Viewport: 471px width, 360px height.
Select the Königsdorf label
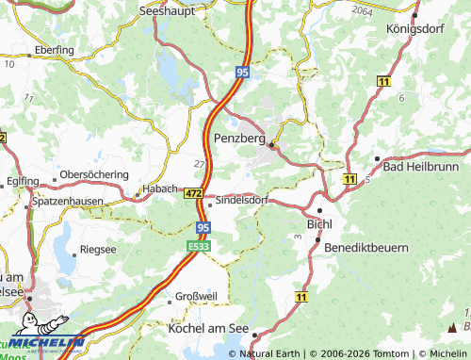415,29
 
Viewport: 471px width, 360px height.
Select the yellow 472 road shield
194,192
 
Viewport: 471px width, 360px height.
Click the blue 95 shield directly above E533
203,227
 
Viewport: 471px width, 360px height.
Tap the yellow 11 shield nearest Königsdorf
383,83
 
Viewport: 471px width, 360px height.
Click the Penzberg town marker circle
271,145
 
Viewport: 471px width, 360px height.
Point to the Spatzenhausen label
68,203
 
